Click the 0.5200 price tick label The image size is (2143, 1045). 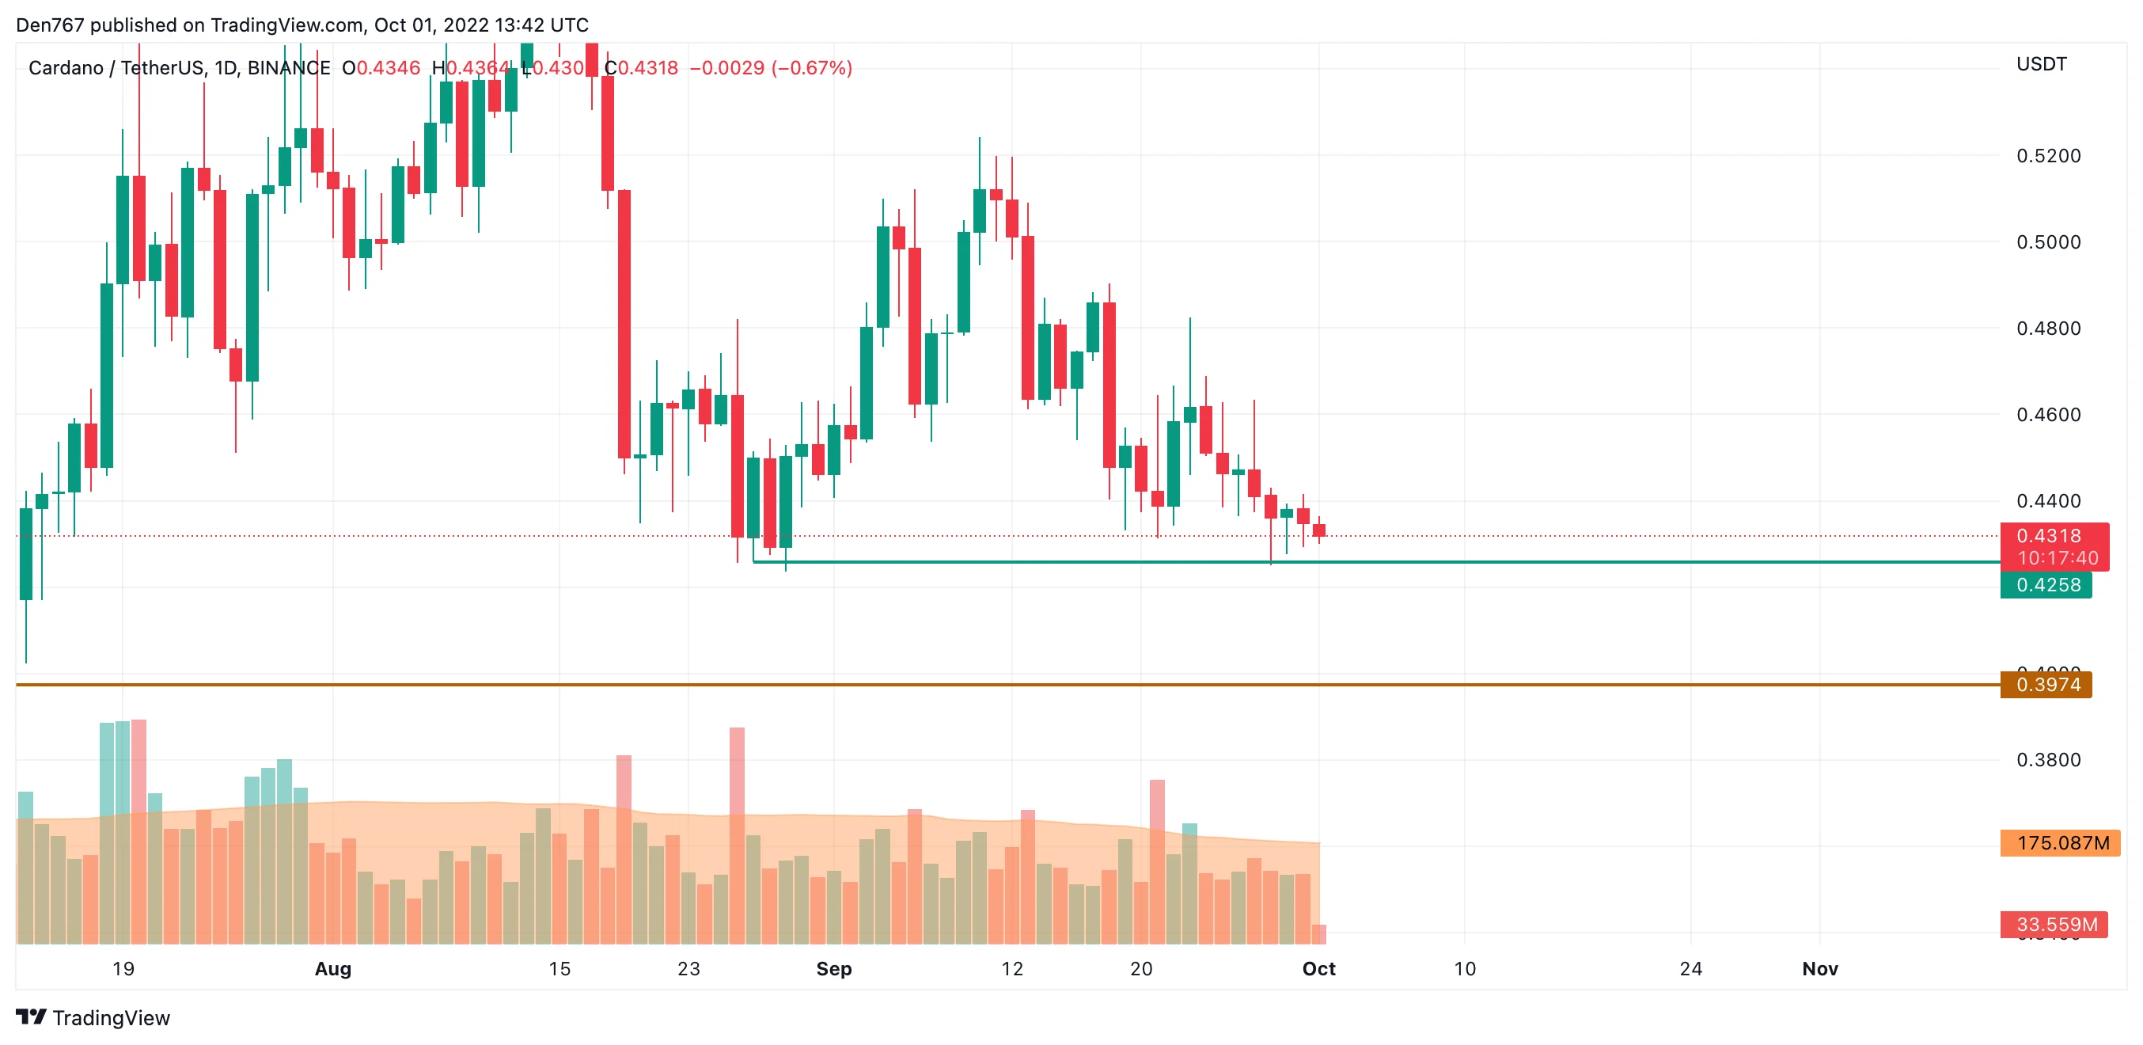(2047, 156)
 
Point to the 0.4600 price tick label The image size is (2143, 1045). (2047, 414)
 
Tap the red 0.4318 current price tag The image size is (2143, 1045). (2053, 545)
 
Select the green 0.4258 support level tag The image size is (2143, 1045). (2046, 585)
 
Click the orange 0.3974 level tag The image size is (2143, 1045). (2046, 685)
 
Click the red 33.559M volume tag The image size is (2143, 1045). (2055, 925)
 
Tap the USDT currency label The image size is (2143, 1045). (2041, 64)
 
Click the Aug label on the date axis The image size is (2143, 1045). (332, 968)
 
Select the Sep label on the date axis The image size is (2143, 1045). (833, 968)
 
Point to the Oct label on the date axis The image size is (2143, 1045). (1318, 968)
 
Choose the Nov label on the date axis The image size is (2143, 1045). (1819, 968)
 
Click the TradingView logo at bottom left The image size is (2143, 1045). (93, 1017)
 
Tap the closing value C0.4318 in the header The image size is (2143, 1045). (642, 68)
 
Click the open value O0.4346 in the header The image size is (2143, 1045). (381, 68)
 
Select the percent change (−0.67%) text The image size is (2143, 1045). (811, 68)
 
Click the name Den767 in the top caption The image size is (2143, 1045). (50, 25)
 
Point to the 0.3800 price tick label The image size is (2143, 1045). (2047, 760)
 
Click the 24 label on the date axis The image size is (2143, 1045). (1690, 968)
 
